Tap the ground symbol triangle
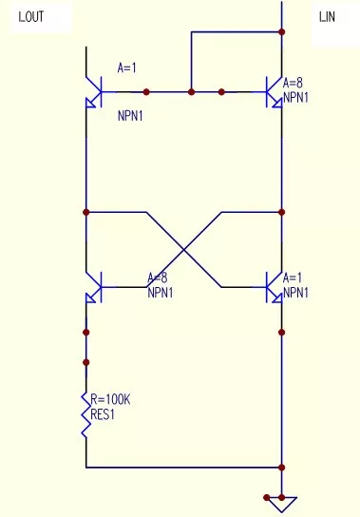282,504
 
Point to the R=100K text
110,400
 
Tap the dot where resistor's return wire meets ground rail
282,468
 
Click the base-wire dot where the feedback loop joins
192,92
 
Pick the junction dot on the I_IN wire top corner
282,31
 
